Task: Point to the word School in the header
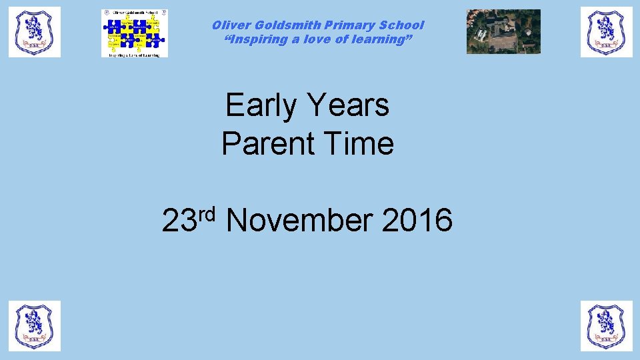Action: (x=402, y=25)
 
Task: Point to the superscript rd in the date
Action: (x=209, y=214)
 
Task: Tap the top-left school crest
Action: (x=35, y=32)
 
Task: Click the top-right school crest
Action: (x=606, y=32)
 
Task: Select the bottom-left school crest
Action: (x=35, y=325)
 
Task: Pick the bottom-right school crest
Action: (x=606, y=325)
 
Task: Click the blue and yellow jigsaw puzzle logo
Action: (x=135, y=33)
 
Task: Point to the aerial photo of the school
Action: (x=503, y=31)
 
